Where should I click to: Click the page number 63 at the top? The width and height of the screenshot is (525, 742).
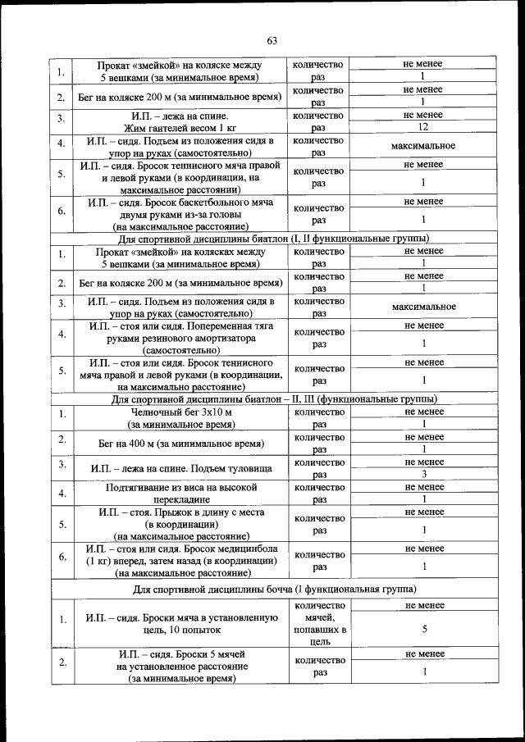click(x=272, y=40)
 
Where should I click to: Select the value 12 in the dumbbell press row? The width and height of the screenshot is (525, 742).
click(x=423, y=128)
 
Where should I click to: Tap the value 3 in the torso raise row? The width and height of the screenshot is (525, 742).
click(x=423, y=474)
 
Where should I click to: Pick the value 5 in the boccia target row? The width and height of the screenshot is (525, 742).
click(x=423, y=630)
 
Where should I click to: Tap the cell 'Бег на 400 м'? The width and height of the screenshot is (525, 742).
click(x=181, y=444)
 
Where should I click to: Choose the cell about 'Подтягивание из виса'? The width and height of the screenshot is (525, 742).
click(x=181, y=493)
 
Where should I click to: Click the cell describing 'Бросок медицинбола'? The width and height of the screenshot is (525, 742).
click(x=181, y=560)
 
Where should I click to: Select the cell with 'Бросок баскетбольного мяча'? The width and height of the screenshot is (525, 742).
click(x=181, y=213)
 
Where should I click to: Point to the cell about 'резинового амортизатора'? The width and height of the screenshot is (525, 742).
click(x=181, y=337)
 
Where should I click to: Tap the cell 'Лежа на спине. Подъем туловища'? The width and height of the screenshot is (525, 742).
click(x=181, y=468)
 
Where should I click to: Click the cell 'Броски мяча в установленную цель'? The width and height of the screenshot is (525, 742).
click(x=181, y=623)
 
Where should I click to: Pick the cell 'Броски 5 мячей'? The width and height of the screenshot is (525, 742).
click(x=181, y=667)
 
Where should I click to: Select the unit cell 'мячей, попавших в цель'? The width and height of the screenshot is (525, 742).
click(x=318, y=630)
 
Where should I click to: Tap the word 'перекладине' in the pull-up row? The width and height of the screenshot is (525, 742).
click(x=181, y=498)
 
